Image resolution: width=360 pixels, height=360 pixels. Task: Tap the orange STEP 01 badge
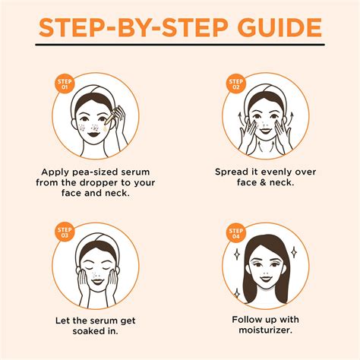[65, 83]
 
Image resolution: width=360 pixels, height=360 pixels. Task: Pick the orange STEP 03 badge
[65, 229]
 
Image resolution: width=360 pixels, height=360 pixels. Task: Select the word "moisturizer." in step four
[264, 330]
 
